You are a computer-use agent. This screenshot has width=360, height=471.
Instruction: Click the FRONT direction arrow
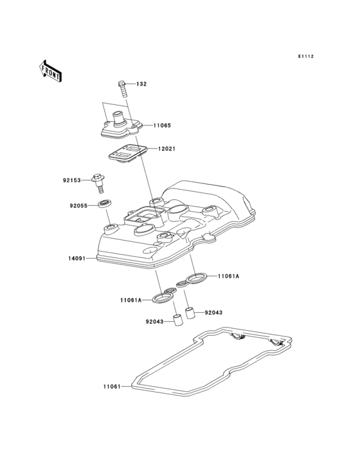(50, 71)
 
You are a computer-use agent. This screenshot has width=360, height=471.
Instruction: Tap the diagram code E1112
(306, 56)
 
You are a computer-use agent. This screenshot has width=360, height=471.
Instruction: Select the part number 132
(141, 84)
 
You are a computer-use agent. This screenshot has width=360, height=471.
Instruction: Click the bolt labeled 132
(122, 89)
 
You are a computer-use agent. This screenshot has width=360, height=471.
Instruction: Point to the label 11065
(162, 125)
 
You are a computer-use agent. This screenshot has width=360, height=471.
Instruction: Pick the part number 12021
(166, 149)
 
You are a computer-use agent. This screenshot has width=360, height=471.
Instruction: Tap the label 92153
(72, 180)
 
